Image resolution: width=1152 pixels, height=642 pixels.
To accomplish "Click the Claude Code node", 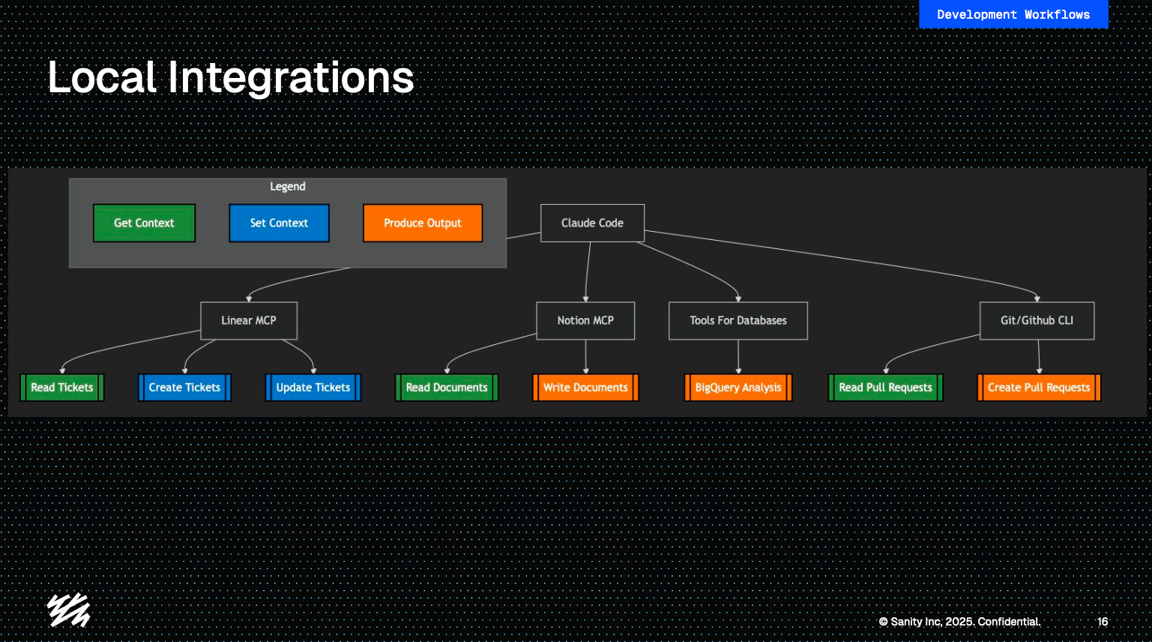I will click(x=592, y=223).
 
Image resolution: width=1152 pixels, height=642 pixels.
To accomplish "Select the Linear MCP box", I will click(x=249, y=320).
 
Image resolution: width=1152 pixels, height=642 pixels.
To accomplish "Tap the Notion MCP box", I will click(x=585, y=320).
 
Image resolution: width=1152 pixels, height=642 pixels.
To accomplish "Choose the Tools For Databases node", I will click(x=738, y=320).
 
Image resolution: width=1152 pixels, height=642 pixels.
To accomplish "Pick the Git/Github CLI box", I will click(x=1037, y=320).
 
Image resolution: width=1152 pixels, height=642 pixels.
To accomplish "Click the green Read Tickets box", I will click(x=62, y=388).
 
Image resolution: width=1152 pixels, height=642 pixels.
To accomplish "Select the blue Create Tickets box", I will click(x=184, y=388).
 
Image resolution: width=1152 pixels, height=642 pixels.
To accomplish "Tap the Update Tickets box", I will click(x=313, y=388).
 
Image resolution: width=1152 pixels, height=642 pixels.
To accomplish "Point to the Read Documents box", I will click(x=447, y=388).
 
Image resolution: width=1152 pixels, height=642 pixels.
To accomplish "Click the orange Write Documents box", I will click(x=585, y=388).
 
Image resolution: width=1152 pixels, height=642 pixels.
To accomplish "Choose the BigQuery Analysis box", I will click(x=738, y=388).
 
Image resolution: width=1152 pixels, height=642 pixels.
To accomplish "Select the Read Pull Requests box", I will click(x=885, y=388).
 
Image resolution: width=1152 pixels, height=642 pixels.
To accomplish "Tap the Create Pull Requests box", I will click(x=1039, y=388).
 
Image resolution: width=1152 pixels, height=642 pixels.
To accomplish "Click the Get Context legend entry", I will click(x=144, y=223).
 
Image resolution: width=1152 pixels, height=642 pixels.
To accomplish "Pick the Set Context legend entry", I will click(x=279, y=223).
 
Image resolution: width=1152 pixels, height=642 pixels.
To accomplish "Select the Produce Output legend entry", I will click(x=423, y=223).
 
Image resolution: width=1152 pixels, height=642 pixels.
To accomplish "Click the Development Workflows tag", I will click(x=1013, y=14).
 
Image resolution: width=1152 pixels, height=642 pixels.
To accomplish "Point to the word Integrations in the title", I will click(x=291, y=78).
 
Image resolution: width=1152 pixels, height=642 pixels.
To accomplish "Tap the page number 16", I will click(x=1103, y=622).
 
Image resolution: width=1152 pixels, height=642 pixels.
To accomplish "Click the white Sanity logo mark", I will click(x=69, y=610).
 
